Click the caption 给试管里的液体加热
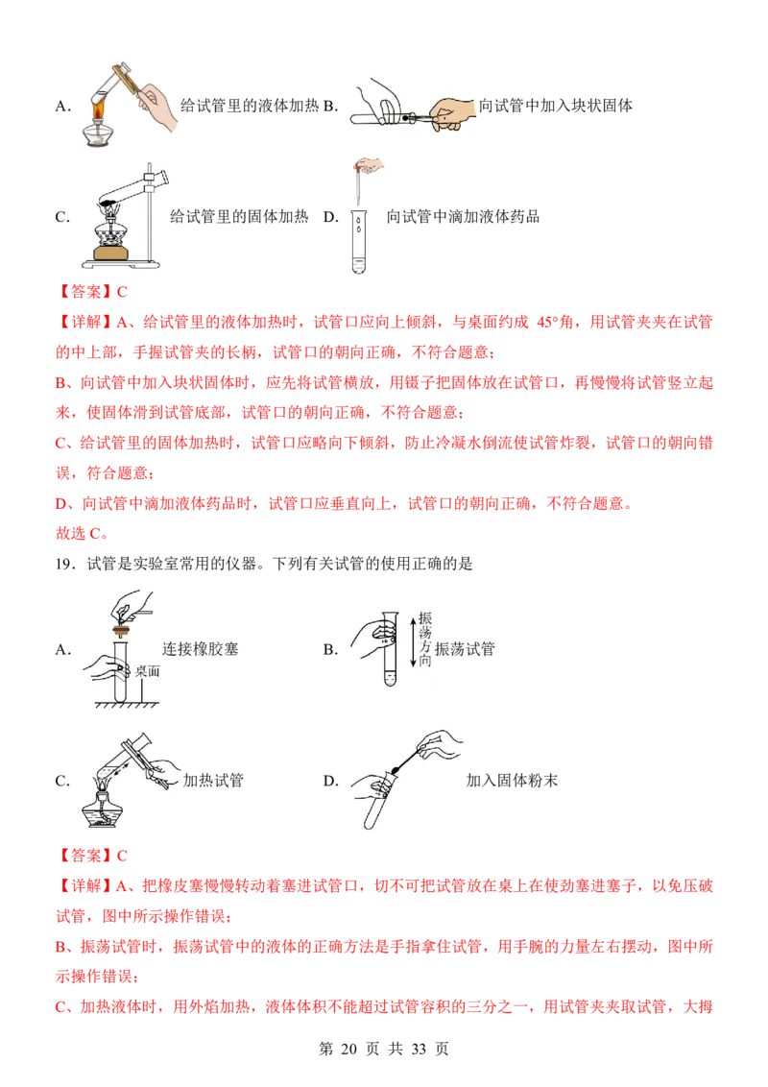tap(250, 106)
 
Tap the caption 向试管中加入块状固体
tap(555, 106)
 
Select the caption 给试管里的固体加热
tap(239, 217)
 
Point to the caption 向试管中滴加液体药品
tap(463, 217)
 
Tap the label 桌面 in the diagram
tap(147, 671)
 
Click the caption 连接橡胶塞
tap(201, 649)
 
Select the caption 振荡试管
tap(465, 649)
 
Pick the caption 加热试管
tap(213, 781)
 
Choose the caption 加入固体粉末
tap(512, 781)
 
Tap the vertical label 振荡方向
tap(425, 640)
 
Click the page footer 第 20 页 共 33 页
tap(383, 1049)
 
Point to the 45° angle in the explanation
tap(546, 323)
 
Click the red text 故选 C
tap(82, 534)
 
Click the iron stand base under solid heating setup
tap(121, 263)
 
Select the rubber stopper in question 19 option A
tap(122, 631)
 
